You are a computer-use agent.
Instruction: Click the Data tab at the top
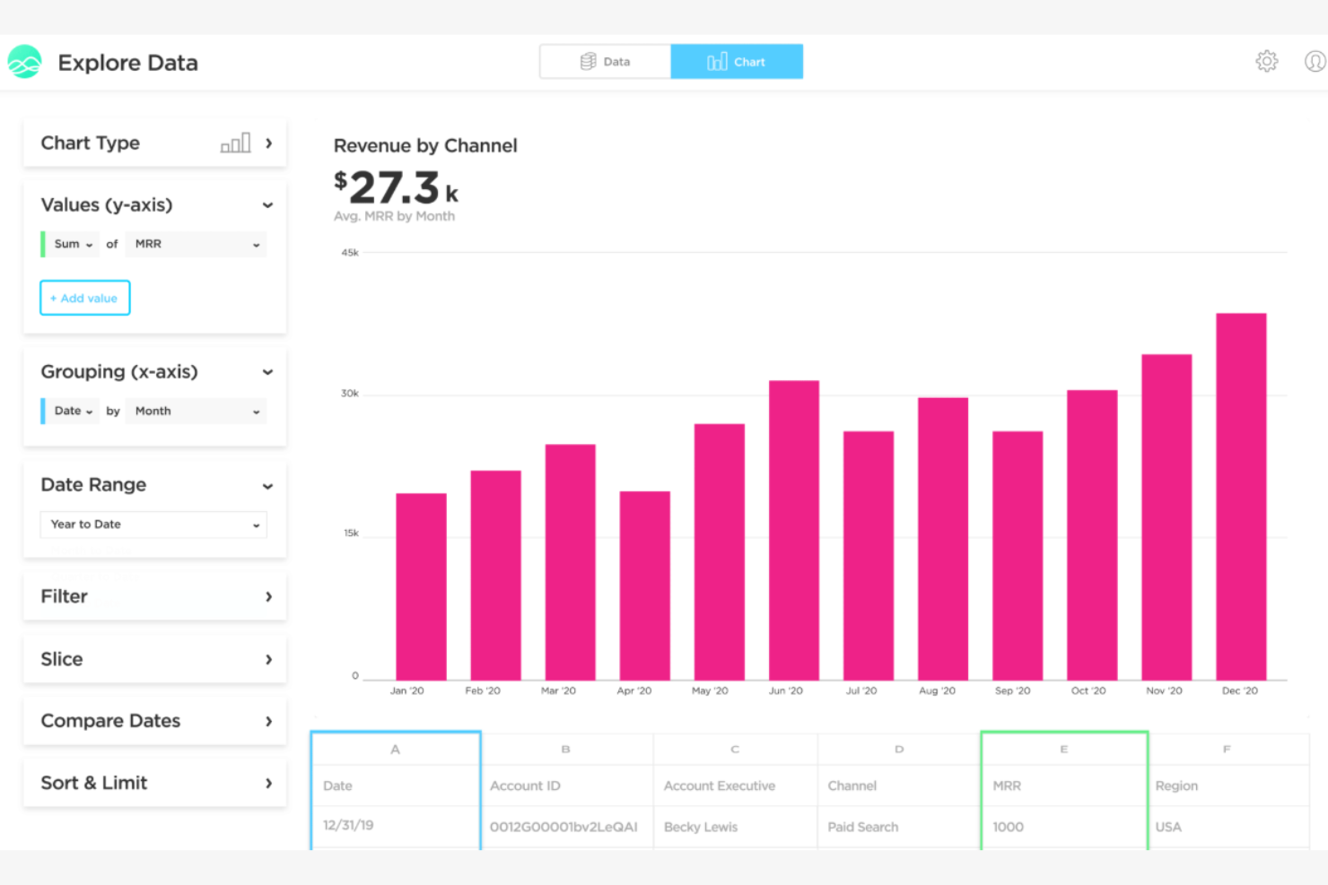[605, 62]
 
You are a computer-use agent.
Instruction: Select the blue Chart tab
[737, 62]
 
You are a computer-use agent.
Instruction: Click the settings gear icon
[1266, 62]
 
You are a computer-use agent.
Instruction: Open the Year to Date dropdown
[153, 525]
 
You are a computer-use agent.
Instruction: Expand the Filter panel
[154, 597]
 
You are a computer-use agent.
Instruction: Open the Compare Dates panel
[154, 721]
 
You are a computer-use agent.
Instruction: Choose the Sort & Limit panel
[154, 783]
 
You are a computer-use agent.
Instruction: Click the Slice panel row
[154, 659]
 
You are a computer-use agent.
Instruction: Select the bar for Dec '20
[1240, 498]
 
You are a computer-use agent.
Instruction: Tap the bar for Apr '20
[644, 586]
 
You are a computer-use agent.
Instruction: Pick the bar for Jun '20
[793, 531]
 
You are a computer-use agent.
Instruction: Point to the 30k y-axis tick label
[349, 394]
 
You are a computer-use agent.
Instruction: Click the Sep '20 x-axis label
[1012, 690]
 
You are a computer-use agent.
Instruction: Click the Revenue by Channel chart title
[425, 145]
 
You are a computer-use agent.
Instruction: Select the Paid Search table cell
[862, 827]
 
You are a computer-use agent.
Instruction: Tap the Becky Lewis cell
[700, 827]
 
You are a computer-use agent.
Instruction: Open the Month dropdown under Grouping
[196, 411]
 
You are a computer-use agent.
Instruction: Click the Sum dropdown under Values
[73, 244]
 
